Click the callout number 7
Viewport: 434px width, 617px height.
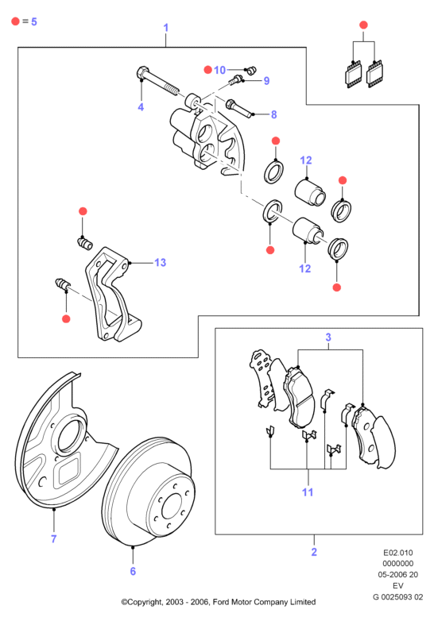click(53, 538)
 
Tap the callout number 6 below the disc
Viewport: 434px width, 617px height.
click(133, 571)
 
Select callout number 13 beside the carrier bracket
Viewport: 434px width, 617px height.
click(161, 263)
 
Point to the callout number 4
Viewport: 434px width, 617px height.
click(141, 106)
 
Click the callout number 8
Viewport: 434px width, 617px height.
click(273, 114)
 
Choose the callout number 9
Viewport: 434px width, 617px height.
click(266, 81)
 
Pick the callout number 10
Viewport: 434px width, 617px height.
click(219, 70)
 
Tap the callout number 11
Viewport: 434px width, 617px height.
click(308, 492)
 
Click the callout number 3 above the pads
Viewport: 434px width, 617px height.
click(328, 337)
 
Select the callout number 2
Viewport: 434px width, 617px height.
click(314, 552)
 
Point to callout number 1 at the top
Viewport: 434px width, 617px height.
click(166, 28)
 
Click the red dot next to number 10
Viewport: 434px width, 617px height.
click(208, 70)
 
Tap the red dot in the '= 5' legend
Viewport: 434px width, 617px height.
click(15, 21)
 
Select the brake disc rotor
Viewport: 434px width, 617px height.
click(148, 492)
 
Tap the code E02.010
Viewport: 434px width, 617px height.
click(397, 553)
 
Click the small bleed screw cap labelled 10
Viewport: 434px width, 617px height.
click(250, 71)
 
